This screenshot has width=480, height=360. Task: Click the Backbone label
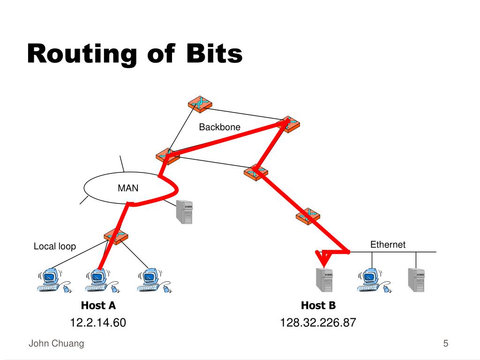[x=219, y=127]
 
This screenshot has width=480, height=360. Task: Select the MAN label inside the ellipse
[x=128, y=188]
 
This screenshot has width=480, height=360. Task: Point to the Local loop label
[x=54, y=247]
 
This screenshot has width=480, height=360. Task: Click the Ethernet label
[x=388, y=245]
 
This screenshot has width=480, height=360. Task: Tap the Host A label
[x=98, y=306]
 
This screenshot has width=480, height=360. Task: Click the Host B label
[x=318, y=306]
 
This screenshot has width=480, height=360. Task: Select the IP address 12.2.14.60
[x=98, y=322]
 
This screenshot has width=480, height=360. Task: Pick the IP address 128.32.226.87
[x=318, y=322]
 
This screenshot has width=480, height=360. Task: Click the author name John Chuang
[x=56, y=344]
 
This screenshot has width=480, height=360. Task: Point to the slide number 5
[x=446, y=344]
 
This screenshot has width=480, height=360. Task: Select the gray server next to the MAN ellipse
[x=184, y=211]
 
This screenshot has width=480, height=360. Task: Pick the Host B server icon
[x=323, y=280]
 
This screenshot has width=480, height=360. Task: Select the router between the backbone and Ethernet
[x=308, y=216]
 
